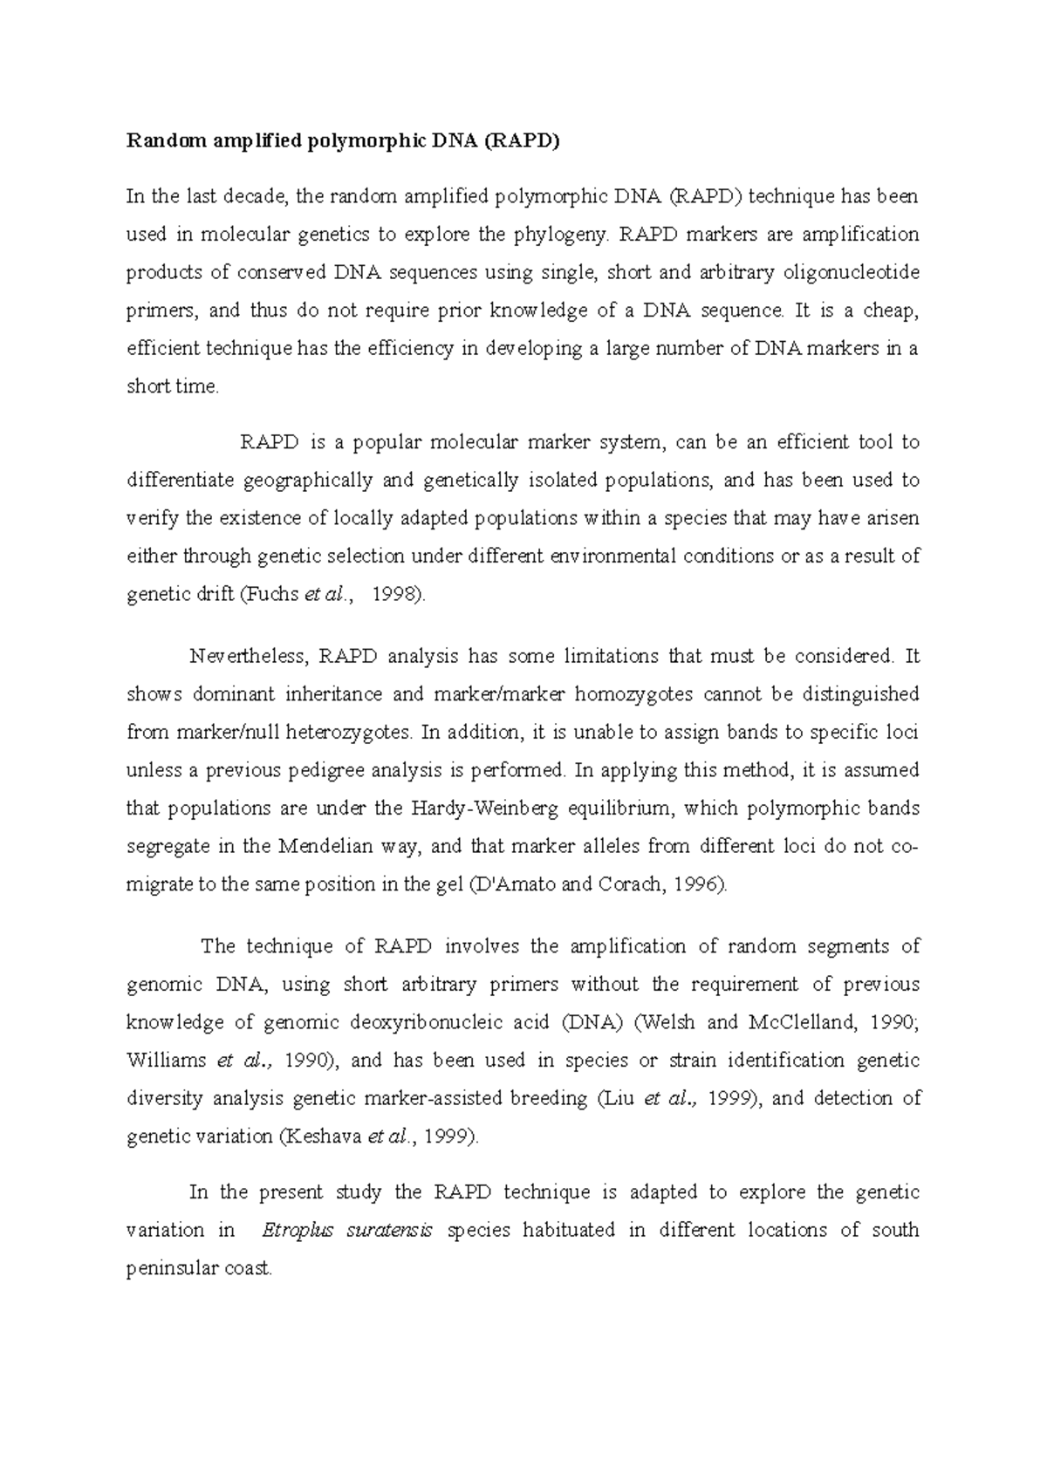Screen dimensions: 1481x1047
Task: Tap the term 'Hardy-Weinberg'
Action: pos(471,809)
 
